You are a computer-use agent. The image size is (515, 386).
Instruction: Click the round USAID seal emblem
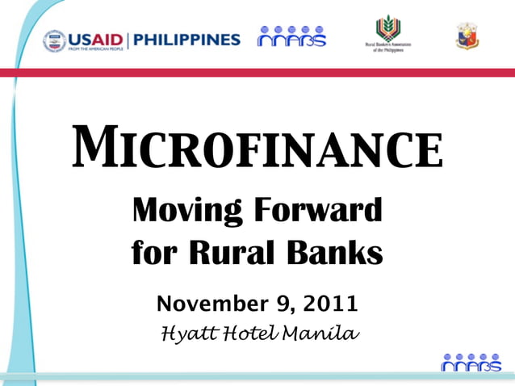point(54,40)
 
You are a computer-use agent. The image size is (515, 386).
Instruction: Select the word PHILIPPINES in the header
point(186,39)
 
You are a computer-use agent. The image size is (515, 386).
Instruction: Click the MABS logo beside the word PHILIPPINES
point(291,37)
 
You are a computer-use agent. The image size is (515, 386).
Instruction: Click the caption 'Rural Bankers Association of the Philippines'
point(387,47)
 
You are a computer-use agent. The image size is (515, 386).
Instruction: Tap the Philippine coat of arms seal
point(467,36)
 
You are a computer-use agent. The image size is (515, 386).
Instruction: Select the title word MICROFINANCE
point(257,148)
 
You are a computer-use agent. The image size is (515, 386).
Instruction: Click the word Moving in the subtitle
point(183,212)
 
